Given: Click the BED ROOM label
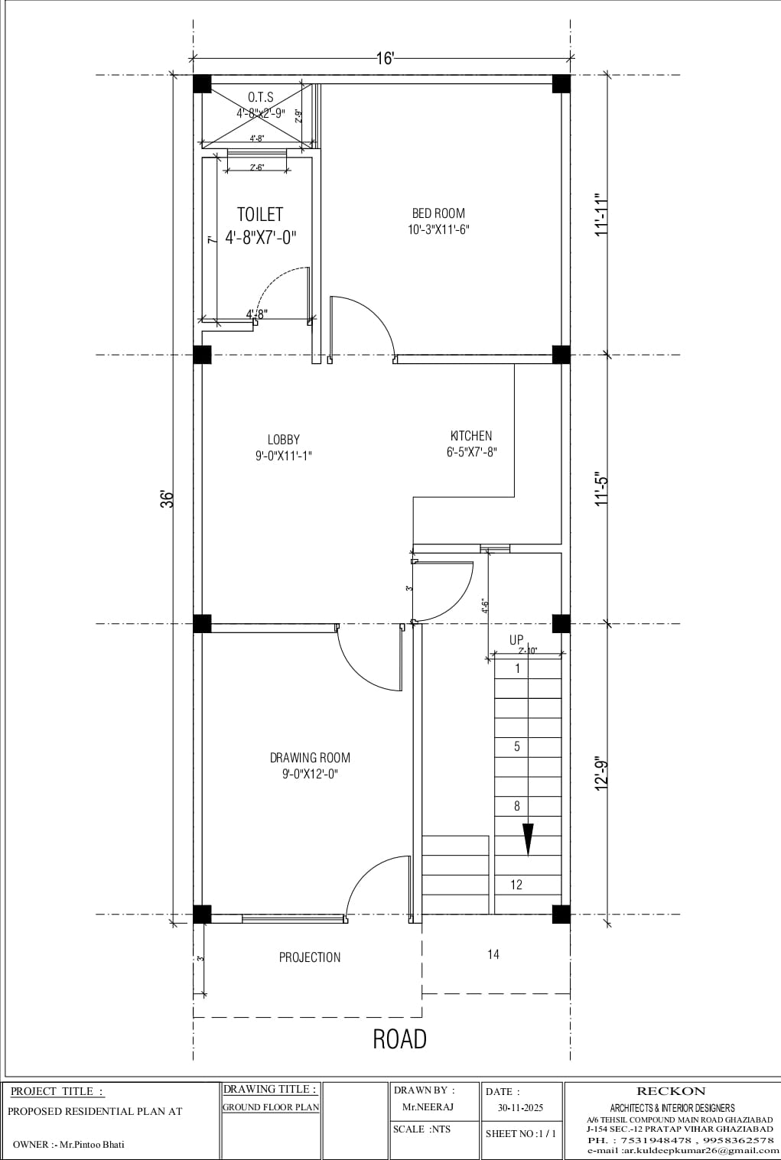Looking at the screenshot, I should [438, 213].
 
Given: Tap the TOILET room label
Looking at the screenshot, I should [260, 215].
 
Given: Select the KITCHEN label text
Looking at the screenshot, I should [471, 436].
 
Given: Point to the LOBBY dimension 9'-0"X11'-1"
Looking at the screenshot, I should [284, 456].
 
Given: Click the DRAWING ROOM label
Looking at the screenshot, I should [310, 758].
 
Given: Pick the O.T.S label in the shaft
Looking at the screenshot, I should [260, 98].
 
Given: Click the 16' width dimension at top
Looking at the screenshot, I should [385, 58].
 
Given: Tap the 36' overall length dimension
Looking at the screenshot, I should [168, 499].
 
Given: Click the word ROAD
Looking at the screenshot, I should [399, 1039].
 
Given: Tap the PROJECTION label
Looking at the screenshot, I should [310, 957].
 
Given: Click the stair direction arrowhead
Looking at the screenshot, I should [528, 840].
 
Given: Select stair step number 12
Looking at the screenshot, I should [516, 885].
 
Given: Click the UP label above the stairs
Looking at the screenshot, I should [517, 640].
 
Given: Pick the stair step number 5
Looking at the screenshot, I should [517, 746].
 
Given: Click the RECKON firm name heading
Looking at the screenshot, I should [671, 1091].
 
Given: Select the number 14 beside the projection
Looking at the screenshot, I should [493, 954].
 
